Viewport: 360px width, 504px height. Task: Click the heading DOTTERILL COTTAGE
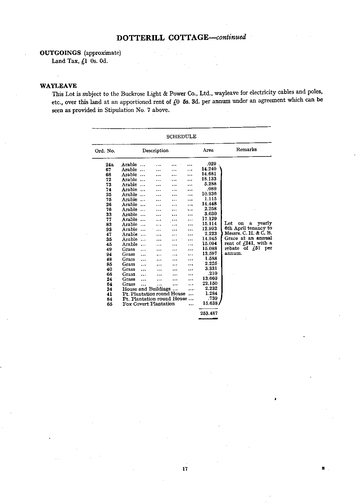162,38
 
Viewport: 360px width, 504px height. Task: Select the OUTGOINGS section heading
60,53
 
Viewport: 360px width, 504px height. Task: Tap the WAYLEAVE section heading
58,86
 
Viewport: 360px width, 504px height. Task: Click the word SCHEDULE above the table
181,137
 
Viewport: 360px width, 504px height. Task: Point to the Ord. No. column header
105,151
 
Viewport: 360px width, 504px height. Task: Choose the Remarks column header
246,150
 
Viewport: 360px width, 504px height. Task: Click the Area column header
208,150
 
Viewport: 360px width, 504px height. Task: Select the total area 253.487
209,313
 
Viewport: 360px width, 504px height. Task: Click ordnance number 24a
110,165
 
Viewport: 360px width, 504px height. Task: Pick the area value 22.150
210,283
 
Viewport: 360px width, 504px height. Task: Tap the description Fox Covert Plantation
148,304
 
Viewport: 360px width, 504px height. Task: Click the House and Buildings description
146,289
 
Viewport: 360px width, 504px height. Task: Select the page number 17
184,469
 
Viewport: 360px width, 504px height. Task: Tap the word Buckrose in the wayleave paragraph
132,94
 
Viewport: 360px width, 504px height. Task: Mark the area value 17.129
209,219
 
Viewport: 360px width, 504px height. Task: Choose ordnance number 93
109,229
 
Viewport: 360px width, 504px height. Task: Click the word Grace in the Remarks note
231,238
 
